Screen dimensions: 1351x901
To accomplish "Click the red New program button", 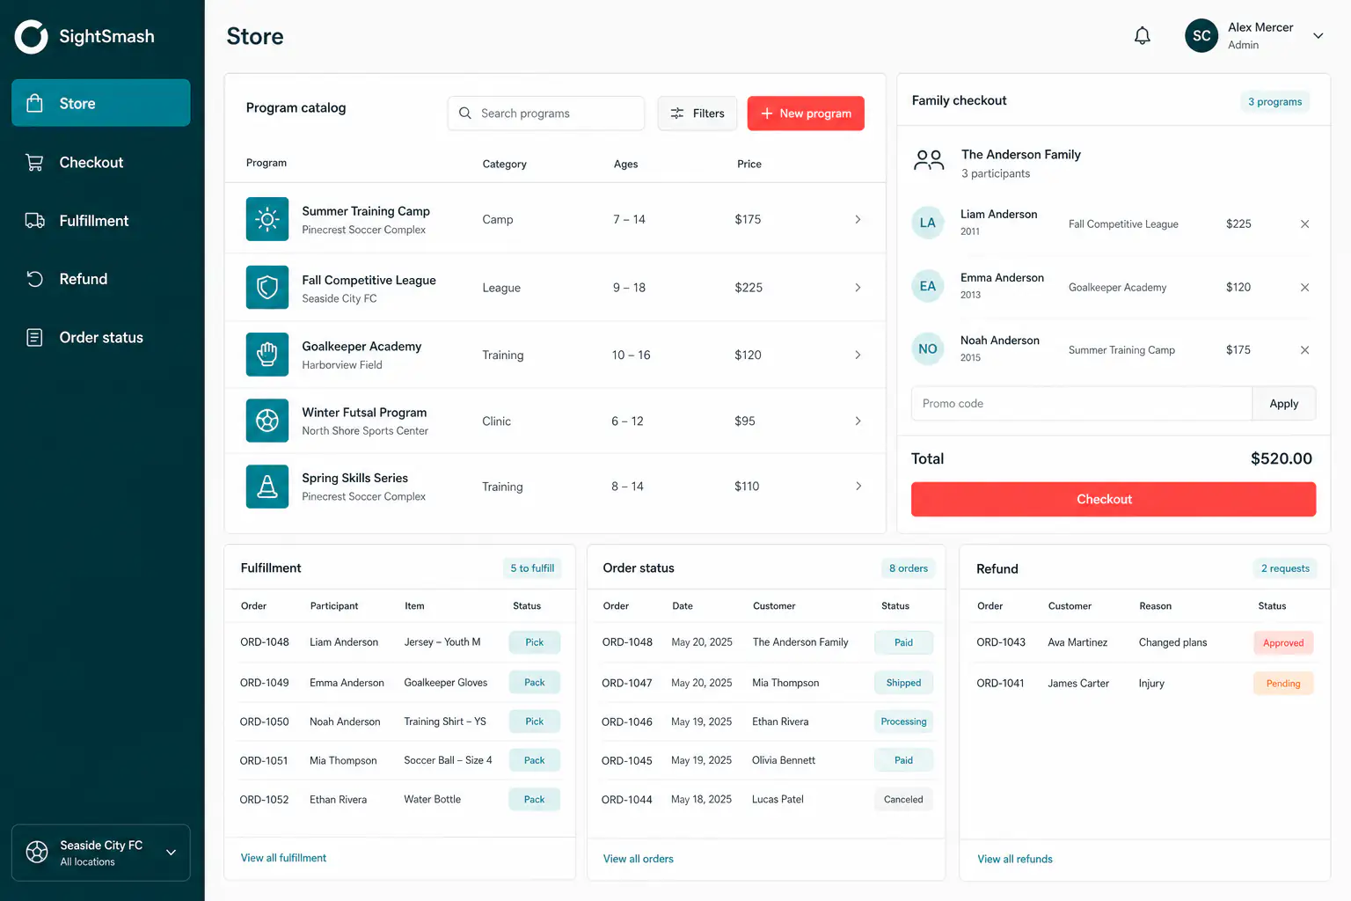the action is (x=805, y=113).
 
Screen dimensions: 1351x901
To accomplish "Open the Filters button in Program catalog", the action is (x=697, y=113).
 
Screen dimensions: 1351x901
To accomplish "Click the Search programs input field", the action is (x=546, y=113).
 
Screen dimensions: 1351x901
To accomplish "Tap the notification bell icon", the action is (x=1142, y=35).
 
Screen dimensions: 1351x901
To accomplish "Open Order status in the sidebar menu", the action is (x=101, y=337).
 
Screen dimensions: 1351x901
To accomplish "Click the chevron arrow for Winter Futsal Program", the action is (x=858, y=421).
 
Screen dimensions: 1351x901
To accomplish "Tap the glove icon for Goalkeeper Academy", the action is (x=267, y=355).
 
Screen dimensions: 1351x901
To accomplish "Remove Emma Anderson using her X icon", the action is (x=1304, y=287).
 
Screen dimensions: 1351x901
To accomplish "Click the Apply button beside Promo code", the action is (x=1283, y=403).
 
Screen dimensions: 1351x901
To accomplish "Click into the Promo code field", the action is (x=1081, y=403).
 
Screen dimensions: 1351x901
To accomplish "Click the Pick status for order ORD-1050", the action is (x=535, y=722).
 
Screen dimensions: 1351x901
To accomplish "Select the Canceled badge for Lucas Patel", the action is (x=903, y=799).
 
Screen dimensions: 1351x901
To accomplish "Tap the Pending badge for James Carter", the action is (x=1283, y=683).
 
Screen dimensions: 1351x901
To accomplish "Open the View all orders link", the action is (x=638, y=858).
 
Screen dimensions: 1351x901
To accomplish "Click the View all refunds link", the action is (x=1014, y=859).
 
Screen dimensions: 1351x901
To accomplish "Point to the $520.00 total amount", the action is (x=1281, y=458).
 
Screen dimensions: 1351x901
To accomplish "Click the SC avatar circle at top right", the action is (x=1201, y=35).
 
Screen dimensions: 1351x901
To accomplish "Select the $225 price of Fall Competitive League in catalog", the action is (x=749, y=287).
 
